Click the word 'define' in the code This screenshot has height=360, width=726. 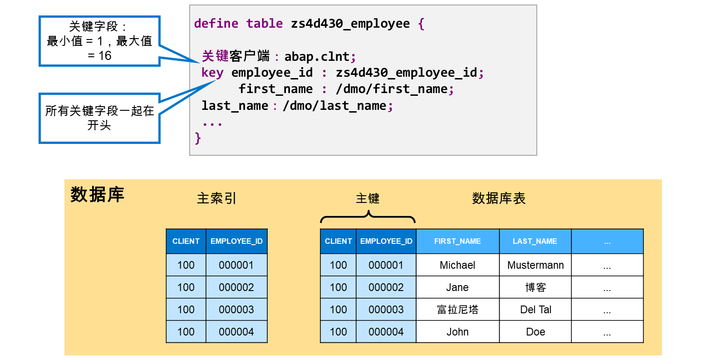click(216, 24)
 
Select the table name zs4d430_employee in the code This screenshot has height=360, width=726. click(350, 24)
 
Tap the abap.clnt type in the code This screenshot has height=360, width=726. click(317, 57)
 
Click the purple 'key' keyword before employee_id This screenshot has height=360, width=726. click(212, 73)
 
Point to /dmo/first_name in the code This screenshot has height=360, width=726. click(392, 89)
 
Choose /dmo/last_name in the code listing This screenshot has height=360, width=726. click(334, 106)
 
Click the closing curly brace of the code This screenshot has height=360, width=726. click(198, 138)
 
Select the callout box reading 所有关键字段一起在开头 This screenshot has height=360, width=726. click(99, 118)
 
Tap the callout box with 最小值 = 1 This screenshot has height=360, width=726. click(99, 41)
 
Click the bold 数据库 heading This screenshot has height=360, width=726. click(97, 195)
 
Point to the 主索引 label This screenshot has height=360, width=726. click(216, 198)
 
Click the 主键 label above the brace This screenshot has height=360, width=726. click(368, 198)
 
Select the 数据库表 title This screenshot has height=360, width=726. click(499, 198)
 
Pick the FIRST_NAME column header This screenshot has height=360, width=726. click(457, 242)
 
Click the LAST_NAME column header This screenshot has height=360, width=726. click(535, 242)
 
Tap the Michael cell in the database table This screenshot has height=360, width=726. click(457, 265)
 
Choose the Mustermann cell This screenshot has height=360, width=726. click(535, 265)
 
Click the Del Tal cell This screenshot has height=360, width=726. click(535, 310)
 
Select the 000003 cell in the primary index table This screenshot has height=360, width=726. click(236, 310)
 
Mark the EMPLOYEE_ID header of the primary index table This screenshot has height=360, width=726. click(236, 242)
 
